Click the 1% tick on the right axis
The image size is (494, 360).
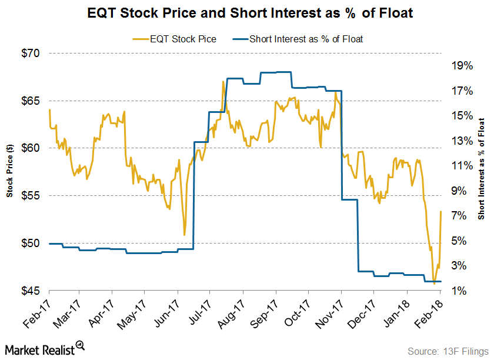tap(460, 291)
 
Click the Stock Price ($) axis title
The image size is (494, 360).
tap(10, 171)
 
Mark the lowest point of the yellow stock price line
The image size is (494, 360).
tap(435, 284)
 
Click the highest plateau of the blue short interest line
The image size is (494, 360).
tap(276, 72)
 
